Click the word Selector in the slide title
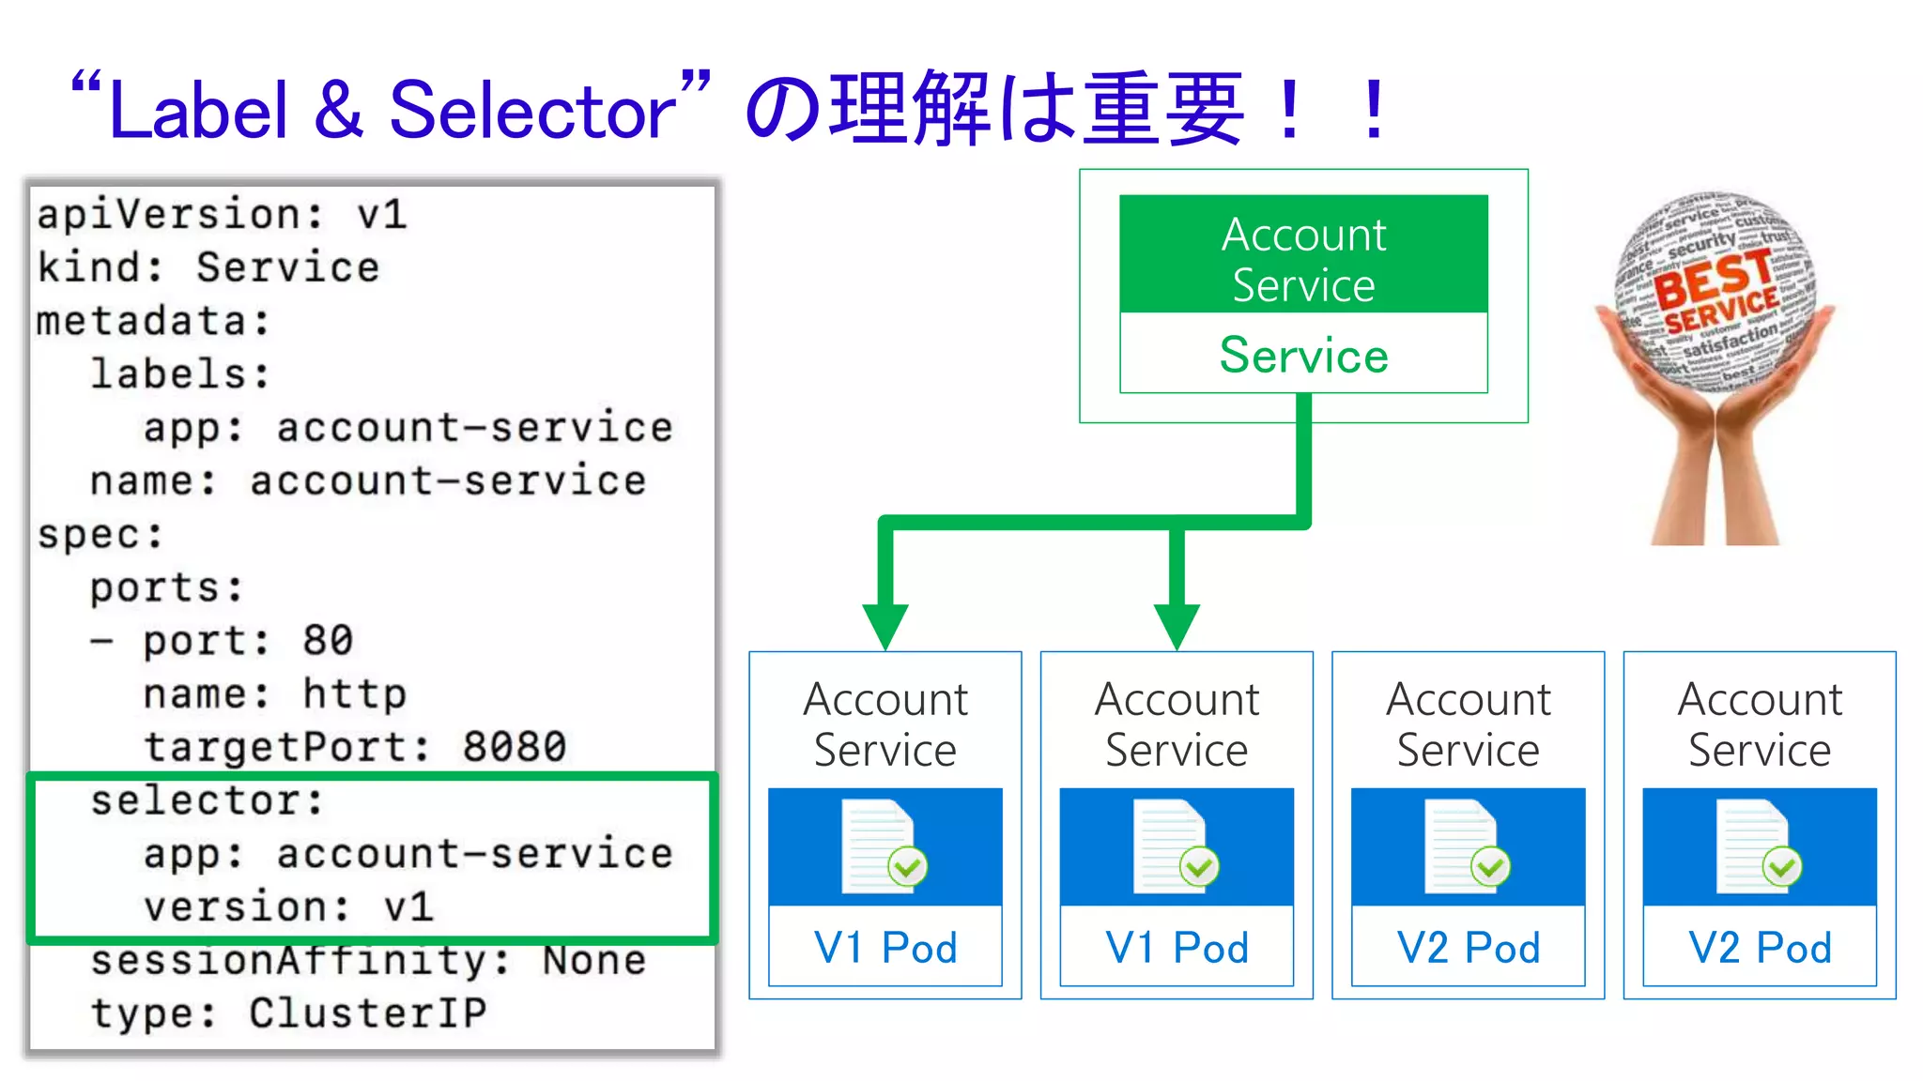pyautogui.click(x=532, y=111)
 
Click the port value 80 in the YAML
pyautogui.click(x=328, y=641)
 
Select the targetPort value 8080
pyautogui.click(x=515, y=748)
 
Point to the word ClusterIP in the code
pyautogui.click(x=368, y=1013)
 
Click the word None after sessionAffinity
pyautogui.click(x=594, y=961)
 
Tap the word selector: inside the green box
pyautogui.click(x=207, y=801)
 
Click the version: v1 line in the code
pyautogui.click(x=288, y=907)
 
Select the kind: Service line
pyautogui.click(x=208, y=267)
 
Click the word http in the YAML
pyautogui.click(x=354, y=694)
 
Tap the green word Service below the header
pyautogui.click(x=1303, y=356)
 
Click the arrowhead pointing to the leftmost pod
pyautogui.click(x=885, y=626)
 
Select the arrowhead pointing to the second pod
pyautogui.click(x=1177, y=626)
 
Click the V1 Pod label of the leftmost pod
pyautogui.click(x=885, y=948)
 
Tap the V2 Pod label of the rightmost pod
pyautogui.click(x=1760, y=948)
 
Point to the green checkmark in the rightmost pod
pyautogui.click(x=1781, y=867)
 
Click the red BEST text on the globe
pyautogui.click(x=1711, y=279)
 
